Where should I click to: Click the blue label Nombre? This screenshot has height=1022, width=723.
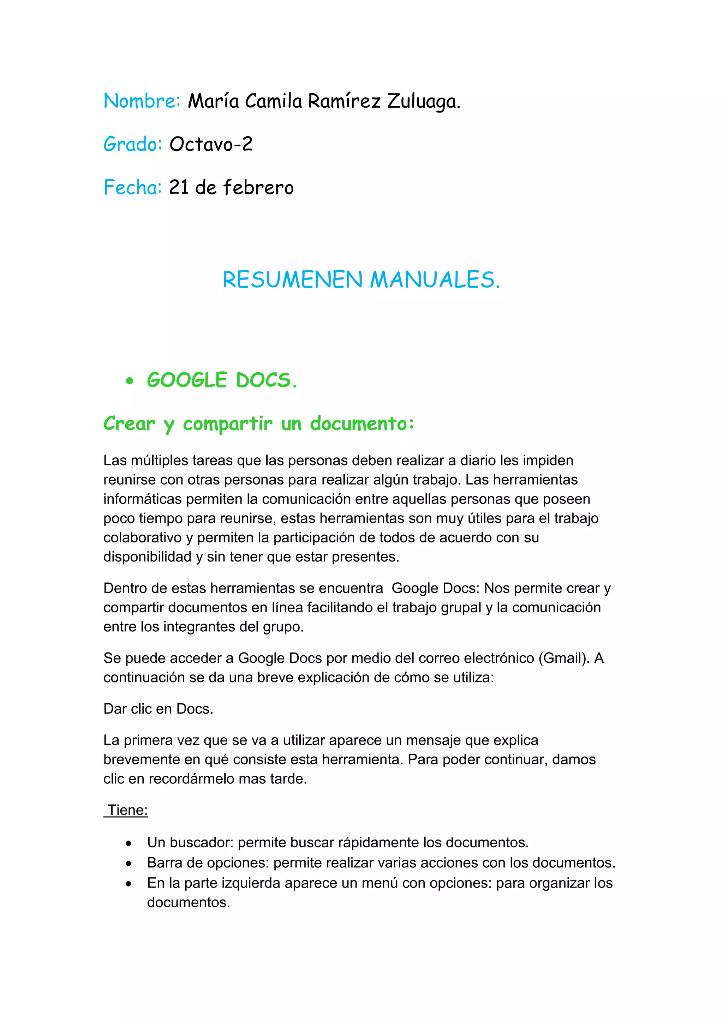(x=142, y=101)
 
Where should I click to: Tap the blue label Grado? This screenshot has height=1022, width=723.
(x=133, y=144)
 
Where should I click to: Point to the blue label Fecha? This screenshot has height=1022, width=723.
(x=132, y=187)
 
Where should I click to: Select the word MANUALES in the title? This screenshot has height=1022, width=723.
(x=435, y=280)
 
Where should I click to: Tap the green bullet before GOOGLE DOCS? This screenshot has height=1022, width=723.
(x=130, y=381)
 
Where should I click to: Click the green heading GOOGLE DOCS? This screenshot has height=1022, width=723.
(x=222, y=380)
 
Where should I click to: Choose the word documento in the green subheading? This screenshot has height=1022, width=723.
(x=362, y=424)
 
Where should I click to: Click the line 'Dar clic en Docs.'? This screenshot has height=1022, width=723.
(x=158, y=709)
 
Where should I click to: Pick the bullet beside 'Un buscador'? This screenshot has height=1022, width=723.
(x=129, y=843)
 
